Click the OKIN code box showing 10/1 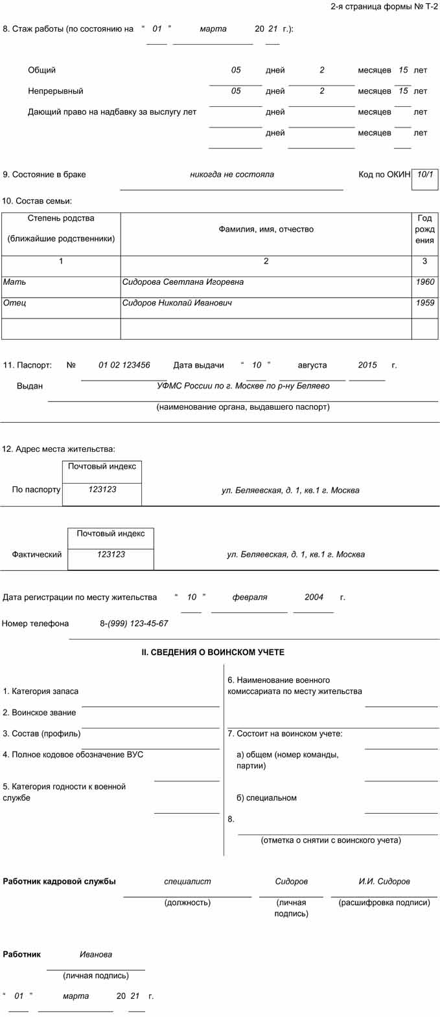tap(425, 175)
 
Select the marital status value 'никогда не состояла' tap(231, 174)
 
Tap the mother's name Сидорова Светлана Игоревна tap(183, 282)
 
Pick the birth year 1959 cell tap(425, 303)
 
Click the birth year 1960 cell tap(425, 282)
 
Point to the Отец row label tap(14, 303)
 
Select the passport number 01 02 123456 tap(124, 365)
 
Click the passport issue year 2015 tap(367, 365)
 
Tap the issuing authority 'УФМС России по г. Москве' tap(243, 386)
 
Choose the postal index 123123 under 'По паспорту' tap(102, 489)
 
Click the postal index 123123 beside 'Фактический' tap(111, 554)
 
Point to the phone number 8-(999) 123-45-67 tap(133, 623)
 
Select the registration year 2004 tap(314, 597)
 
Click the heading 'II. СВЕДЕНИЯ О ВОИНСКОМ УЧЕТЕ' tap(213, 653)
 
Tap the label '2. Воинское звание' tap(40, 713)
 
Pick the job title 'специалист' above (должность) tap(187, 881)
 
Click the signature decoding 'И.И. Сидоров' tap(384, 881)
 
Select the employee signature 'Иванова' tap(96, 954)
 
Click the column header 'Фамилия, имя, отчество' tap(266, 229)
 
